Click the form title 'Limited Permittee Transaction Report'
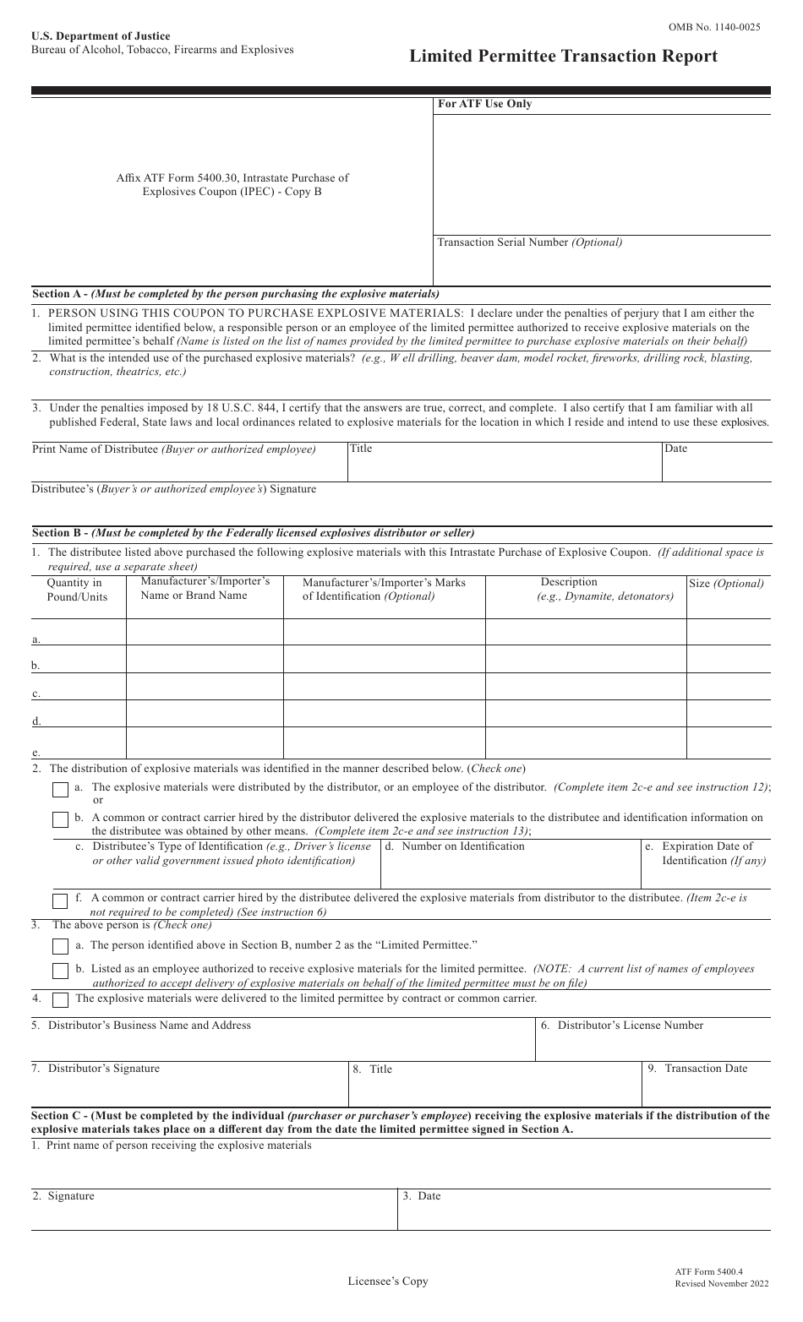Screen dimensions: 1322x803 pos(563,57)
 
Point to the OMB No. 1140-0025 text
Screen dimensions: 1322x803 pos(713,27)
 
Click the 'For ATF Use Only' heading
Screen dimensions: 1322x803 pos(484,105)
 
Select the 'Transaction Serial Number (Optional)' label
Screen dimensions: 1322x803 pos(529,242)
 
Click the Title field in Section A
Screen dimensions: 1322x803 pos(504,462)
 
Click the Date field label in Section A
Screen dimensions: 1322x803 pos(675,449)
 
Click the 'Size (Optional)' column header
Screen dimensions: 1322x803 pos(726,584)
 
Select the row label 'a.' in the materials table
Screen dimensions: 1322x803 pos(36,639)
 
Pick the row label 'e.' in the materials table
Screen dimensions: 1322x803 pos(36,752)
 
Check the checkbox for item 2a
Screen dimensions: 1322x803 pos(61,790)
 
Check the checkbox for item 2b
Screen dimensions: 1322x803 pos(61,820)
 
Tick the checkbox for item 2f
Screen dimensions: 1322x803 pos(61,901)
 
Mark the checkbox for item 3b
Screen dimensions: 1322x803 pos(61,971)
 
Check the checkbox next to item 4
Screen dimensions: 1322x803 pos(61,1000)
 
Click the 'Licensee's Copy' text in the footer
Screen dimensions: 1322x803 pos(388,1281)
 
